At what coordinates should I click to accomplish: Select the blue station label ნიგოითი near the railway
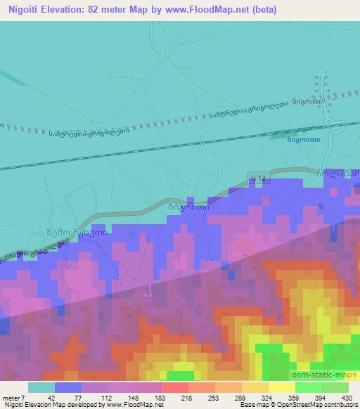click(x=300, y=138)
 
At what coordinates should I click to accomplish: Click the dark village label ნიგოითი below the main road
click(x=186, y=207)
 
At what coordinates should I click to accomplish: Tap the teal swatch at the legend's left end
click(x=41, y=387)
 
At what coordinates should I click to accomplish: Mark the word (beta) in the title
click(x=260, y=10)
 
